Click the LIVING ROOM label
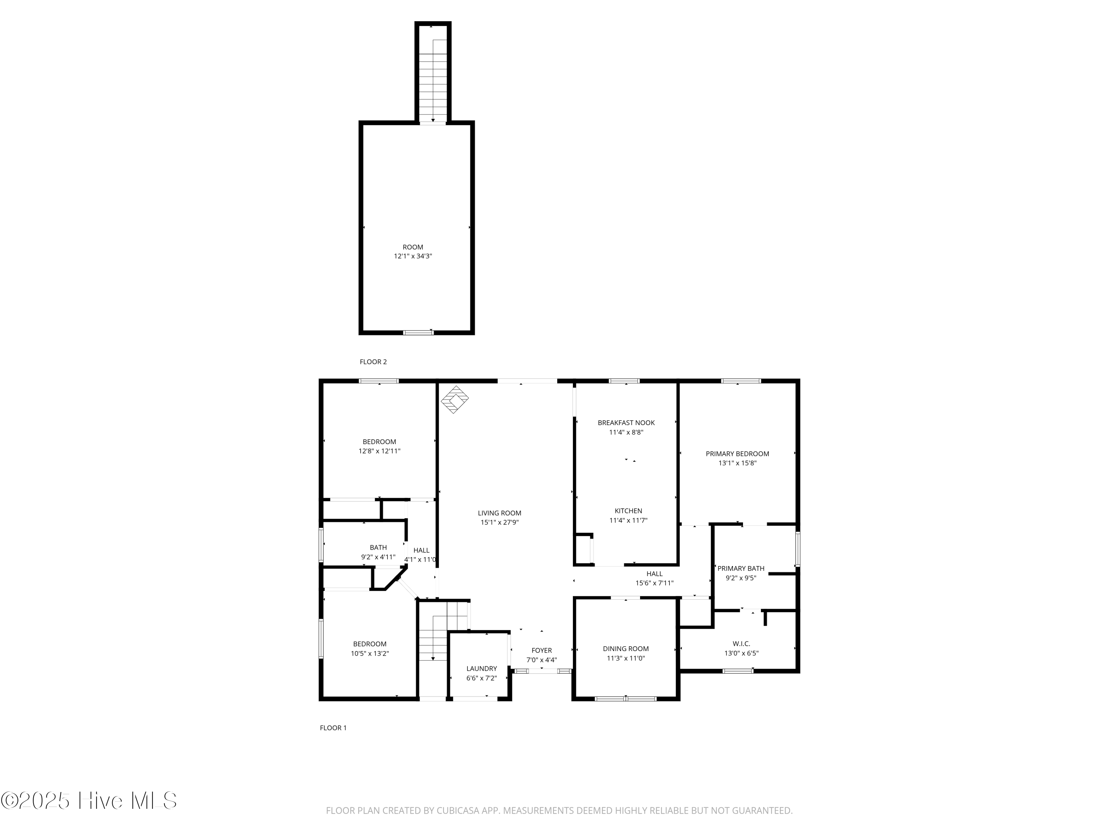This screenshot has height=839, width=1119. (499, 513)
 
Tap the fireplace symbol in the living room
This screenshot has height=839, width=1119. (454, 399)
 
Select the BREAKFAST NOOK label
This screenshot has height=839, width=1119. (626, 423)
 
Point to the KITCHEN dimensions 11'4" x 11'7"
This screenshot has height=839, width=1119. (628, 520)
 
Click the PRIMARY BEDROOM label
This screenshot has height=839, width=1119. (737, 454)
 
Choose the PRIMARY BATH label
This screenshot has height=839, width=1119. (741, 568)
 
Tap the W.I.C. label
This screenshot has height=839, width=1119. (741, 644)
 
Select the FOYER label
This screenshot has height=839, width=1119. (541, 650)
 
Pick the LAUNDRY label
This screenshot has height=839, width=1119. (482, 669)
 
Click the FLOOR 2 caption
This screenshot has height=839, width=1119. (373, 362)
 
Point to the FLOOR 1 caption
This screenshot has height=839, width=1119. (333, 728)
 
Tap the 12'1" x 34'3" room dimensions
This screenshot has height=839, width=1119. (413, 257)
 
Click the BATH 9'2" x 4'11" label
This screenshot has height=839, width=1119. (378, 552)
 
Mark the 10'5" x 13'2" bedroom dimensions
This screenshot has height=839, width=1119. (370, 653)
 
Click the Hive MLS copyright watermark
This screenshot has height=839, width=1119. (89, 801)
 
